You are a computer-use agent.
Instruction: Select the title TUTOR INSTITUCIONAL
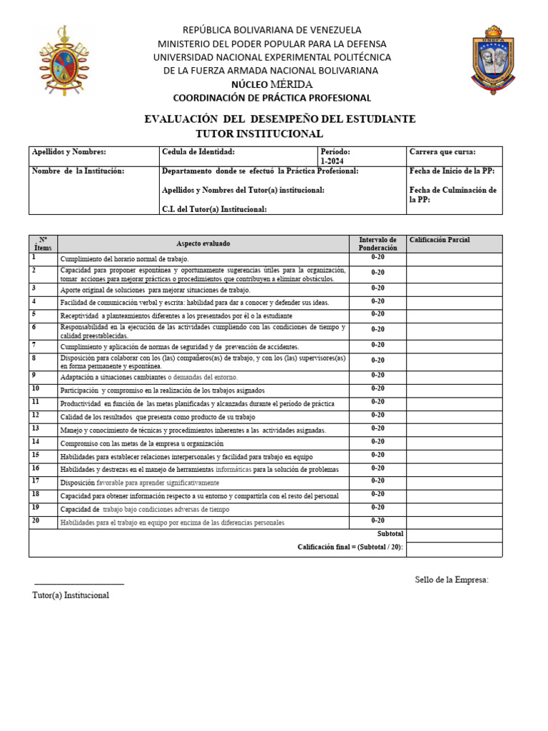point(260,133)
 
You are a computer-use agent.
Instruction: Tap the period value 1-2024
point(332,161)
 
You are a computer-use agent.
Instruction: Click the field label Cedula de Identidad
point(198,152)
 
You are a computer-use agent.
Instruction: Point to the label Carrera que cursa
point(442,152)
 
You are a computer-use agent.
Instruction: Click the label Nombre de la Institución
point(78,171)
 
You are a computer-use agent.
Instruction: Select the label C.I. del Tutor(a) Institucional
point(215,209)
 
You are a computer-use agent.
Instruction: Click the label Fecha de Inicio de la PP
point(452,171)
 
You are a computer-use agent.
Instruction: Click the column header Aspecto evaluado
point(203,243)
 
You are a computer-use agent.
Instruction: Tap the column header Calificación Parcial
point(440,241)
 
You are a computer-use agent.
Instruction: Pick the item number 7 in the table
point(34,345)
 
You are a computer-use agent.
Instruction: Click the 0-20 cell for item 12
point(377,415)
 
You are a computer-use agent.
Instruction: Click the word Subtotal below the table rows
point(390,534)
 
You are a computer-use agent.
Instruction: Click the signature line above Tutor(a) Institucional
point(79,585)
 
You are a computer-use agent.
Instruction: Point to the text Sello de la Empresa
point(452,580)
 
